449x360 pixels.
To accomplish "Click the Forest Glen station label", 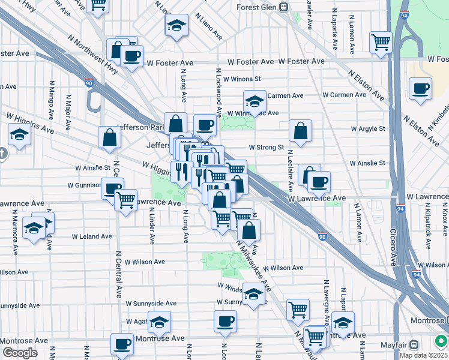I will click(259, 8).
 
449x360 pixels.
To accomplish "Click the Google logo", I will click(20, 353).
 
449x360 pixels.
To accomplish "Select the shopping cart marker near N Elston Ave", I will click(381, 41).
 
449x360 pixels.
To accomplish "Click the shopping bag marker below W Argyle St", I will click(300, 130).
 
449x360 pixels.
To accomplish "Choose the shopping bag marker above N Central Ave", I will click(110, 137).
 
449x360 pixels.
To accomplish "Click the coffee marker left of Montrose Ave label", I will click(122, 344).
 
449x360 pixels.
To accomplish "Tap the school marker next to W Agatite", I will click(159, 322).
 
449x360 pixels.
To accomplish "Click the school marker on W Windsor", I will click(253, 293).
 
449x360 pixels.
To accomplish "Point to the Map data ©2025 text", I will click(423, 355).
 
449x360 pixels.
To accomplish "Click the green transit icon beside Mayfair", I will click(441, 341).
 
